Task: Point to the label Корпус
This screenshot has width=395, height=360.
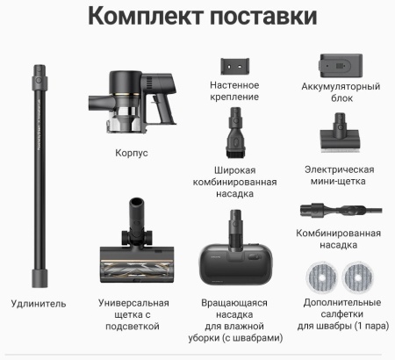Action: click(x=131, y=152)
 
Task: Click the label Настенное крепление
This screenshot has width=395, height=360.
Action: click(x=234, y=91)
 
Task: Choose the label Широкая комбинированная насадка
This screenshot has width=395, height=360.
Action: click(x=234, y=181)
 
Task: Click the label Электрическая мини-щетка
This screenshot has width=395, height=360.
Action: click(x=339, y=175)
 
